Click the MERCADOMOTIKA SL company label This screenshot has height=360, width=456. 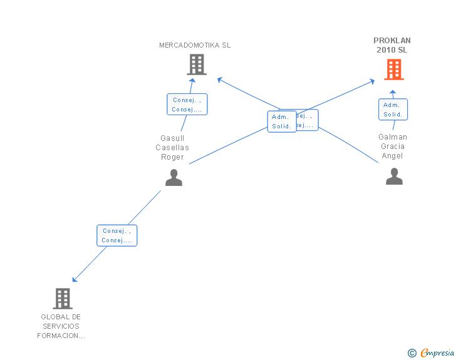(195, 45)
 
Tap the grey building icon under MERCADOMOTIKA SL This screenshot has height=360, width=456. (197, 64)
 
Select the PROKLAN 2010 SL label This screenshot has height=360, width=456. (392, 45)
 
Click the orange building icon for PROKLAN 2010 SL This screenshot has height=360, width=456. (394, 69)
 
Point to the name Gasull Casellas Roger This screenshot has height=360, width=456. (172, 148)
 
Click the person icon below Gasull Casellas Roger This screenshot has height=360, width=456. (174, 178)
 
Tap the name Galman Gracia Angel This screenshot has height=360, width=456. (393, 147)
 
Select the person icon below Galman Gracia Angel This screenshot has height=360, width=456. (394, 177)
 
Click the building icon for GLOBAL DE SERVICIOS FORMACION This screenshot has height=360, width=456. (63, 299)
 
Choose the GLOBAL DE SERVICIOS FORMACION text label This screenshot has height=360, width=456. (61, 326)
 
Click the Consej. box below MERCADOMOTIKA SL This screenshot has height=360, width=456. (187, 105)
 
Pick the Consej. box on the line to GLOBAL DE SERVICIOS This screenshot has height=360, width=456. (117, 235)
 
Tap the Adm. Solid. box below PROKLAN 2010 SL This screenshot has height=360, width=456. (393, 110)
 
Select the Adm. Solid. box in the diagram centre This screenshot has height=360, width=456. (282, 121)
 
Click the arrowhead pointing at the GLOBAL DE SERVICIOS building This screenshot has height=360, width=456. (75, 279)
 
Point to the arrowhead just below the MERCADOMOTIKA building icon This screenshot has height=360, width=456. (193, 80)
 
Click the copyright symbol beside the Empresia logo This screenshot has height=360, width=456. (412, 353)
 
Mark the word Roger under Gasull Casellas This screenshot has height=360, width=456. (172, 157)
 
